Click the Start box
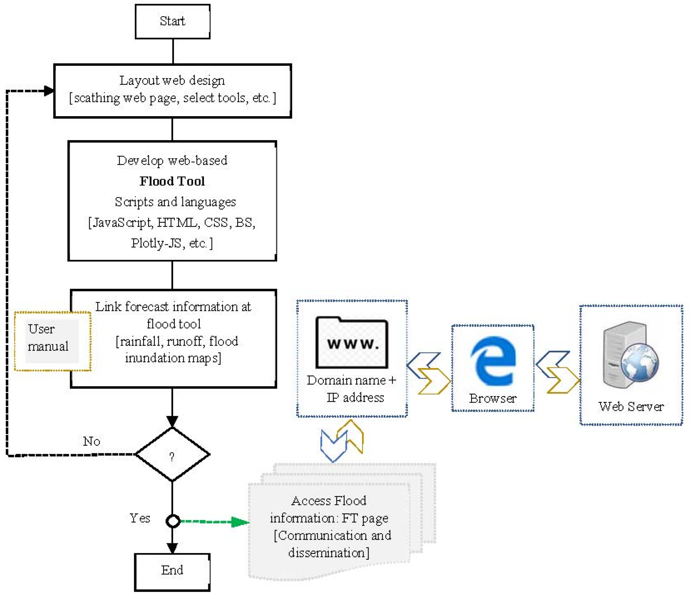pyautogui.click(x=173, y=21)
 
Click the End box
pyautogui.click(x=172, y=570)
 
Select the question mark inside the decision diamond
pyautogui.click(x=172, y=457)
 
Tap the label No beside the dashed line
pyautogui.click(x=92, y=441)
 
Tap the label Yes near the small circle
pyautogui.click(x=140, y=518)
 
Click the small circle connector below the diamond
pyautogui.click(x=173, y=521)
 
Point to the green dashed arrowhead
pyautogui.click(x=240, y=522)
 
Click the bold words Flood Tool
pyautogui.click(x=172, y=181)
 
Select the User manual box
pyautogui.click(x=53, y=341)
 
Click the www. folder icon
pyautogui.click(x=352, y=343)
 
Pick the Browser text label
pyautogui.click(x=493, y=399)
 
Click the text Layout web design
pyautogui.click(x=172, y=81)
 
